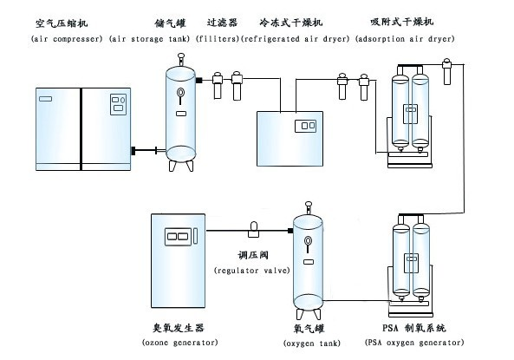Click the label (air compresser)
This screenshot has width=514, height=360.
coord(66,40)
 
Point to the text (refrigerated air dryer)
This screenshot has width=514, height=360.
coord(295,40)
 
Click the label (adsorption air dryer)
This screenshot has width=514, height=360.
coord(405,40)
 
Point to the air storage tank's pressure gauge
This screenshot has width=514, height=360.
coord(179,94)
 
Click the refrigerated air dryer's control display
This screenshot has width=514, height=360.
coord(304,127)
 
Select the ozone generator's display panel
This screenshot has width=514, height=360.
coord(177,235)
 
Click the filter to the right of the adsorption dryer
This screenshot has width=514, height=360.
coord(447,70)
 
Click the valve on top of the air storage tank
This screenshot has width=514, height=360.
coord(180,59)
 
